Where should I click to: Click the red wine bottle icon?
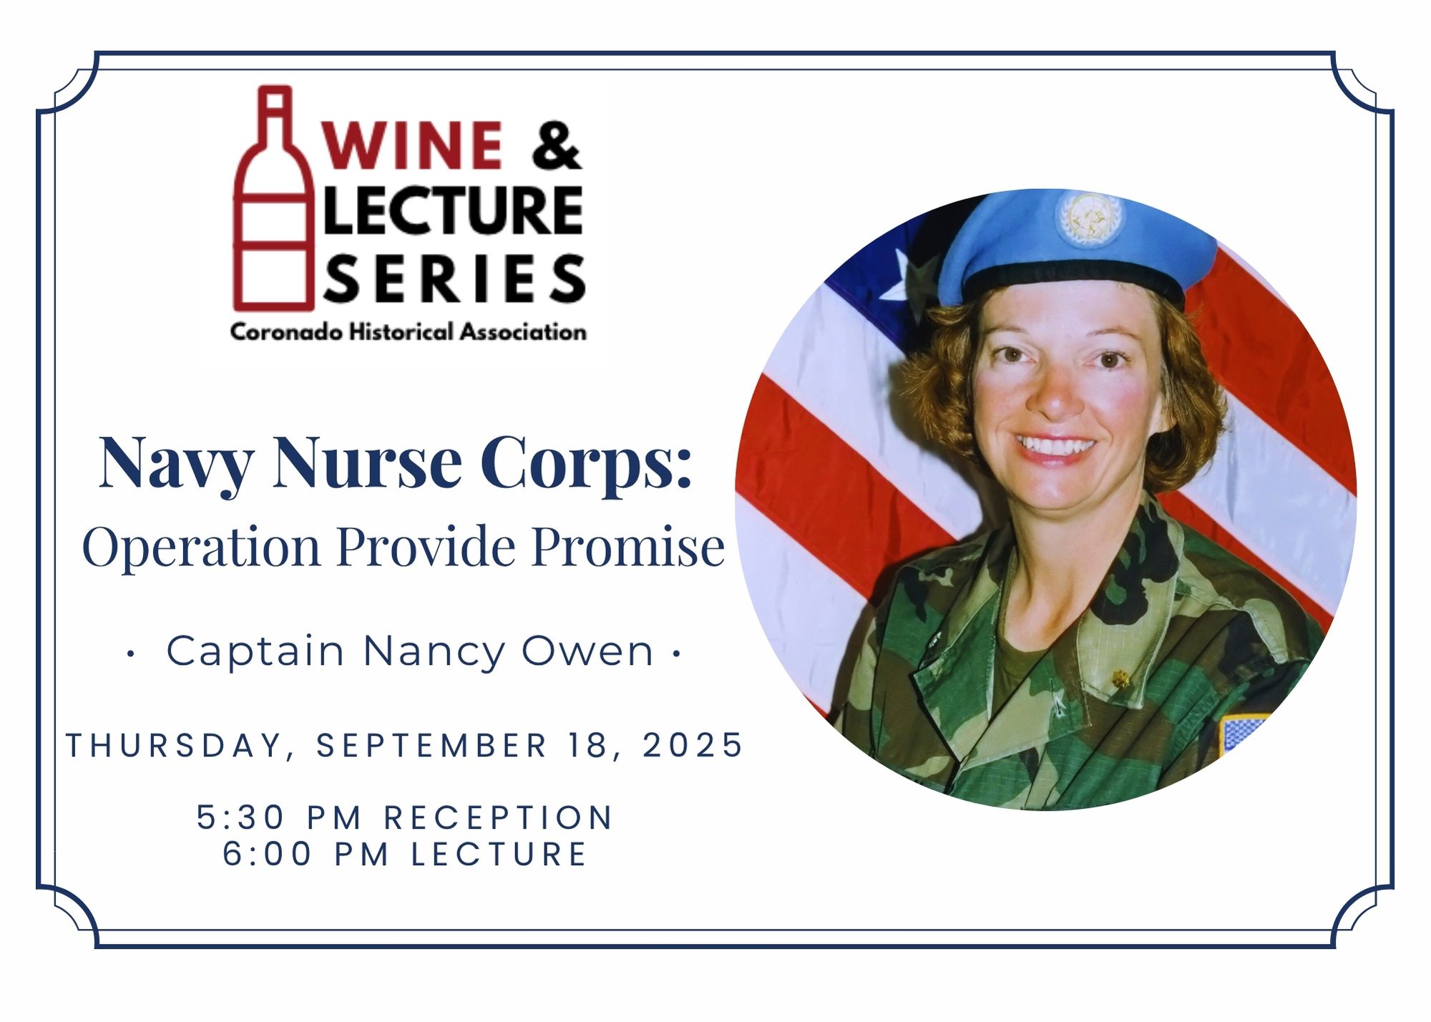click(x=274, y=198)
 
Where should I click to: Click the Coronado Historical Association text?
click(x=408, y=332)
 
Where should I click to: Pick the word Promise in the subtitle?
click(x=627, y=545)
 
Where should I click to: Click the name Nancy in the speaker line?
click(x=434, y=653)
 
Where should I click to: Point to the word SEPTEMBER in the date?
click(x=431, y=746)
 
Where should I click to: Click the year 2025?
click(x=693, y=746)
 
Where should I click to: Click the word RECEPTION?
click(x=498, y=818)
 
